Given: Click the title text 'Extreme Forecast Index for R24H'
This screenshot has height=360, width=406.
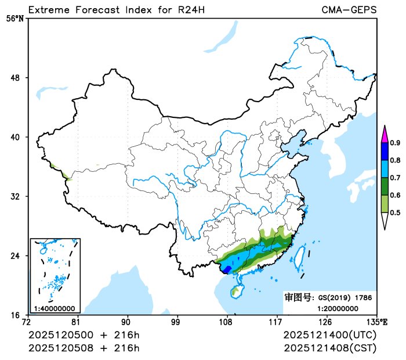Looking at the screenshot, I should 116,10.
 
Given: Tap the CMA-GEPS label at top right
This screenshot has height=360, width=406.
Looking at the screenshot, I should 349,10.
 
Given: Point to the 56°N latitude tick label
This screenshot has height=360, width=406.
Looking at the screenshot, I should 15,19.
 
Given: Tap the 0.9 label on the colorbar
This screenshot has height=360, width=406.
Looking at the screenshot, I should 395,143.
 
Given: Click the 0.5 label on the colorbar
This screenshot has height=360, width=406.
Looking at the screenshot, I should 395,213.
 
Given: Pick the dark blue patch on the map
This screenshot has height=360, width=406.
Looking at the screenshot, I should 226,270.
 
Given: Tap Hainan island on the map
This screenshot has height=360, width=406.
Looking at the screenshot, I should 237,292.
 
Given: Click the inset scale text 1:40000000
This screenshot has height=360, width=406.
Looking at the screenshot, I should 54,308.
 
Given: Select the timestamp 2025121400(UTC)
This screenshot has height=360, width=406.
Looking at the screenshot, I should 330,336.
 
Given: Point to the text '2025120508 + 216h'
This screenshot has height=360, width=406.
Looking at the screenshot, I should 84,348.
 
